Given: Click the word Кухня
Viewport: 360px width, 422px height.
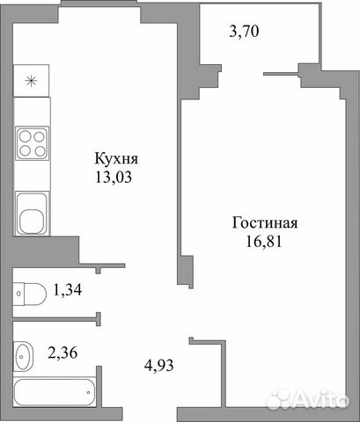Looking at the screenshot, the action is tap(116, 159).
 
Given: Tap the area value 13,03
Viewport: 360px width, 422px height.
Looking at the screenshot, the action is tap(114, 178).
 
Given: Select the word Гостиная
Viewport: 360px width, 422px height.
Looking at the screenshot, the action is tap(265, 223).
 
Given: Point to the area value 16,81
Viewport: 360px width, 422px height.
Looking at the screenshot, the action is tap(263, 242).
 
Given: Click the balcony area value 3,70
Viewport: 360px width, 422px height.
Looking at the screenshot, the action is tap(244, 31).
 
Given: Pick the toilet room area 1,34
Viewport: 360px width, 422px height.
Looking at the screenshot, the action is tap(67, 290).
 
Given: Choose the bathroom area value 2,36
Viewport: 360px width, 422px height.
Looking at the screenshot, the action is tap(62, 353).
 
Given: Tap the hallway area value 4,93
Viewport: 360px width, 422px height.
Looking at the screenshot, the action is tap(159, 365).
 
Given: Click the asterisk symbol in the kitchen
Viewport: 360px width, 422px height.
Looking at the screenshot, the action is tap(31, 81).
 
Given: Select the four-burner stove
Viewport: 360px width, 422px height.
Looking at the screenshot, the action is tap(32, 143).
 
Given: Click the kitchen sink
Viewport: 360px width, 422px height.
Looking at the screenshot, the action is tap(32, 213).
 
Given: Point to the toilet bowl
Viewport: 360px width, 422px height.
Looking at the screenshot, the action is tap(35, 294).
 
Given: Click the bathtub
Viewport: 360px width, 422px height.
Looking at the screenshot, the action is tap(55, 393).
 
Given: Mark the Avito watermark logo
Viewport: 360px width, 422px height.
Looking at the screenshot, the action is tap(309, 398).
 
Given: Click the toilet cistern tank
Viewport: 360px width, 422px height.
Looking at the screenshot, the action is tap(18, 294).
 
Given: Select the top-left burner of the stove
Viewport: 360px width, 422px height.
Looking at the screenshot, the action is tap(25, 136).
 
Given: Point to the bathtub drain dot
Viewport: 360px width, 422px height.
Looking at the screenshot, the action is tap(88, 392).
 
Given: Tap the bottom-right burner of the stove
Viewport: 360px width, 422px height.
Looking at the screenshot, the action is tap(40, 151).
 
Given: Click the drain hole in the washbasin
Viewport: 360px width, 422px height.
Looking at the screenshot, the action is tap(21, 357).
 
